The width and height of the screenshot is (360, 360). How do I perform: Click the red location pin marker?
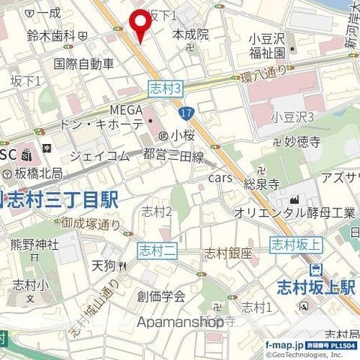click(x=139, y=25)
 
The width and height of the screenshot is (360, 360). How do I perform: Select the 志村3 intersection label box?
click(x=166, y=88)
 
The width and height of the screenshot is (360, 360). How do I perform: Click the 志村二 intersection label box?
click(x=157, y=250)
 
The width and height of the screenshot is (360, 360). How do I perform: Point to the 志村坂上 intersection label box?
click(x=295, y=244)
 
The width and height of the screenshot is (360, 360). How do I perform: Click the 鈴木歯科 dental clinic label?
click(x=51, y=35)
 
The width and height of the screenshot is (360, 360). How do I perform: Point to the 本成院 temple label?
click(x=190, y=34)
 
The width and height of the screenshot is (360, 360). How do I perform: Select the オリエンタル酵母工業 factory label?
click(x=295, y=213)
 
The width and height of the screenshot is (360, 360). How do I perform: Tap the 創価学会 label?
click(x=161, y=295)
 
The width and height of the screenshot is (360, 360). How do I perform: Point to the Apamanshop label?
click(x=181, y=322)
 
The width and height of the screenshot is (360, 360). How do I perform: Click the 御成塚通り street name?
click(x=91, y=223)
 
